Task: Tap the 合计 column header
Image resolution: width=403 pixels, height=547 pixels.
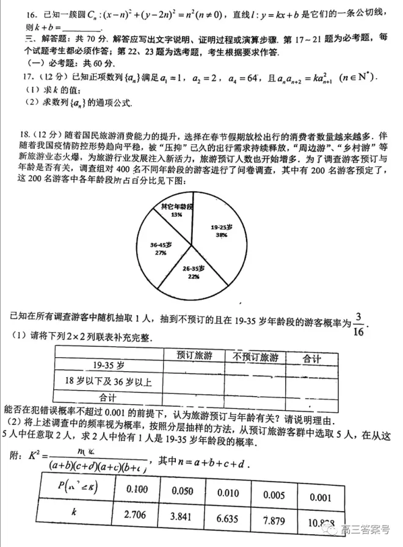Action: click(311, 358)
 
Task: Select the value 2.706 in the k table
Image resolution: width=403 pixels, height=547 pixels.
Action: click(136, 515)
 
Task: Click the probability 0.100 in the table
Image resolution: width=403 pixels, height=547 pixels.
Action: click(136, 489)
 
